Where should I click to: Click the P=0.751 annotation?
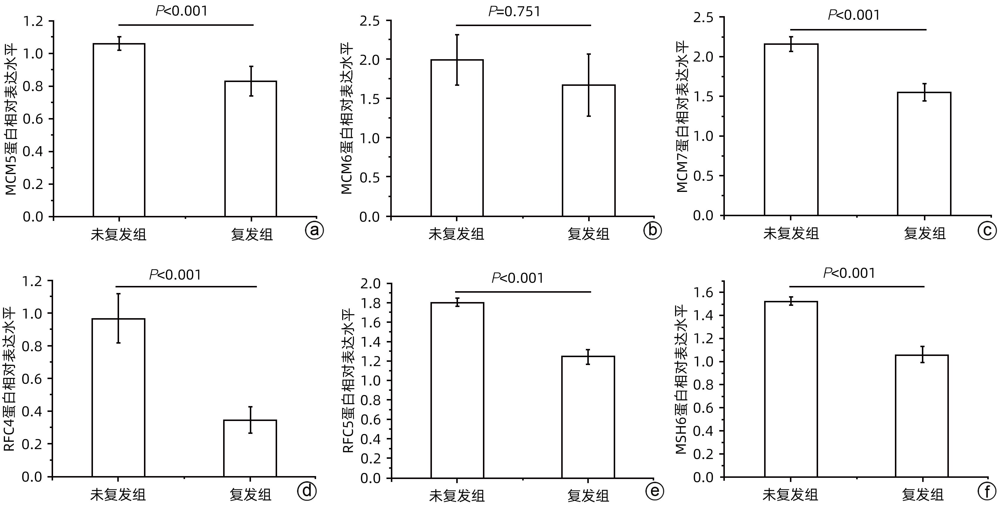(514, 12)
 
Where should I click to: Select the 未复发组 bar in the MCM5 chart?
(119, 130)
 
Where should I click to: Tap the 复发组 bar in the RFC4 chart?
(250, 448)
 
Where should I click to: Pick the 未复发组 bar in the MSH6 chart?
(791, 389)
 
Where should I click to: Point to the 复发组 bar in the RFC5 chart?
(588, 417)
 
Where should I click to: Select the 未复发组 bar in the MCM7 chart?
(791, 129)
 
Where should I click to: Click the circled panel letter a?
(314, 231)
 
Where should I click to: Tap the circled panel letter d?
(307, 491)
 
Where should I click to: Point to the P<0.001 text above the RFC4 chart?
(175, 275)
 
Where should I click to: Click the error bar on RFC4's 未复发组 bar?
(119, 318)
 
